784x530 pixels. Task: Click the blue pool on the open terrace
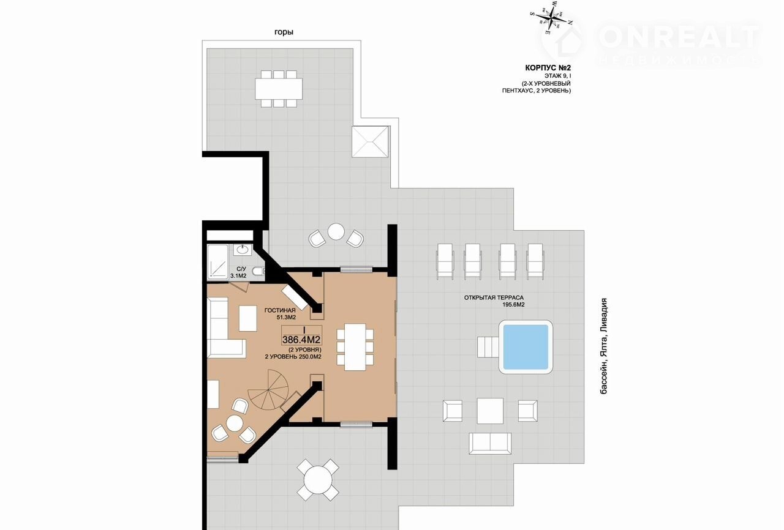pyautogui.click(x=526, y=347)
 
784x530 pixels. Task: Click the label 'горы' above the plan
pyautogui.click(x=284, y=32)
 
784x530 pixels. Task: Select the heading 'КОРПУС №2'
pyautogui.click(x=548, y=68)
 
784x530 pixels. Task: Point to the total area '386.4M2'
pyautogui.click(x=302, y=340)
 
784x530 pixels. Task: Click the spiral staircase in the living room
pyautogui.click(x=269, y=390)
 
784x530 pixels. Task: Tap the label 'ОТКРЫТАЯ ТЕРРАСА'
pyautogui.click(x=494, y=297)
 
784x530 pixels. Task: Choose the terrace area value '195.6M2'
pyautogui.click(x=513, y=305)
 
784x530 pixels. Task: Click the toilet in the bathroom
pyautogui.click(x=259, y=271)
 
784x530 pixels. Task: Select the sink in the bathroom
pyautogui.click(x=243, y=250)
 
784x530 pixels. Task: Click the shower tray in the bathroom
pyautogui.click(x=217, y=262)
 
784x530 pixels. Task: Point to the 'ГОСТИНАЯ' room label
pyautogui.click(x=280, y=310)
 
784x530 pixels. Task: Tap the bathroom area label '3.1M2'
pyautogui.click(x=238, y=276)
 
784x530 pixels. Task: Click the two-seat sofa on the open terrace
pyautogui.click(x=490, y=443)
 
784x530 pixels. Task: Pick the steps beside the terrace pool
pyautogui.click(x=488, y=347)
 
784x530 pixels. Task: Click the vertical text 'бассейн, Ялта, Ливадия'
pyautogui.click(x=604, y=346)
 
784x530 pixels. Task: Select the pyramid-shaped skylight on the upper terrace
pyautogui.click(x=370, y=141)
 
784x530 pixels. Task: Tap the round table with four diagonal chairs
pyautogui.click(x=318, y=480)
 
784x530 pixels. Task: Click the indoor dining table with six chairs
pyautogui.click(x=355, y=347)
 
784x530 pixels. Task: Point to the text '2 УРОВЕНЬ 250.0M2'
pyautogui.click(x=293, y=357)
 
